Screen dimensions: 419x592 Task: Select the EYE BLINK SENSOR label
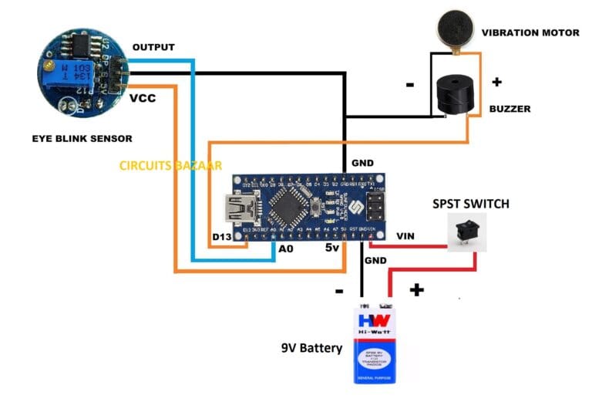(82, 139)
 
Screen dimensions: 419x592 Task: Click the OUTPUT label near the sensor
(153, 47)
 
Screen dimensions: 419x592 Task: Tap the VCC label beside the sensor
(144, 99)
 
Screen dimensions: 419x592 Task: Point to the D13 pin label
(222, 235)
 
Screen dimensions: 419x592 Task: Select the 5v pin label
(331, 248)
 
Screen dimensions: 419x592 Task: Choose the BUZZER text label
(510, 109)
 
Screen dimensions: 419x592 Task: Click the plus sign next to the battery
(416, 289)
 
